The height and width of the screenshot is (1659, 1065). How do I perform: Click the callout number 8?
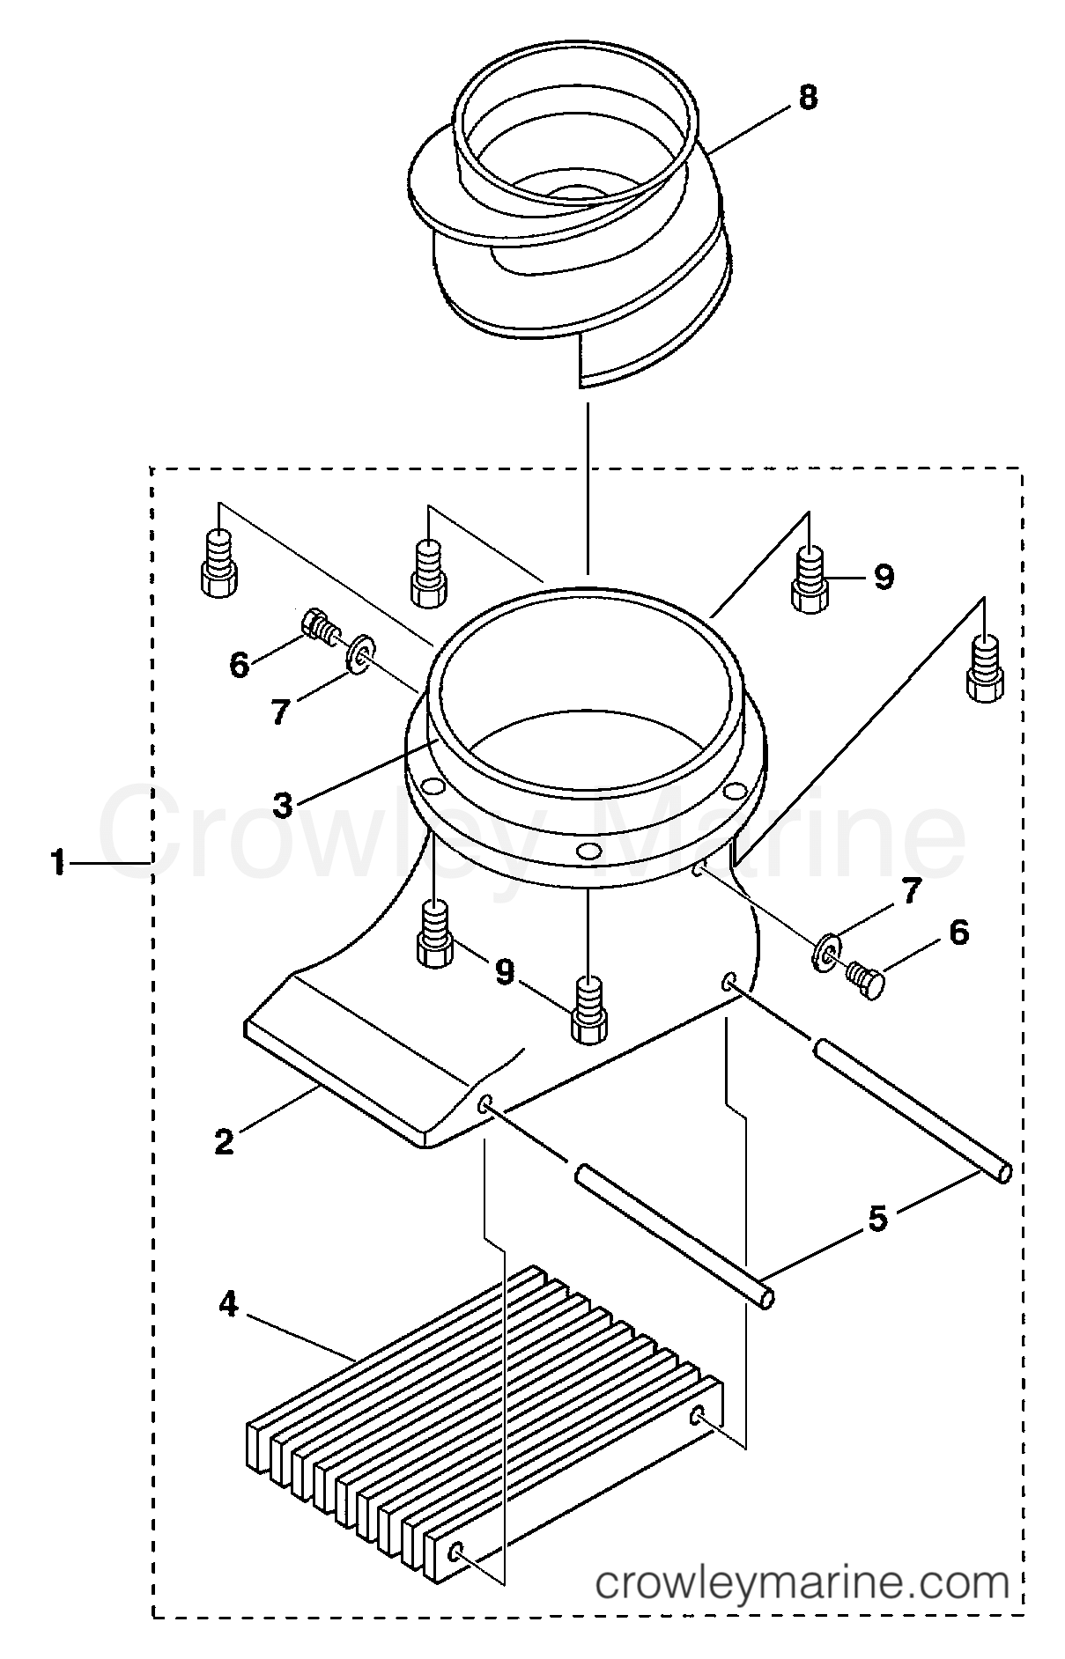[x=807, y=98]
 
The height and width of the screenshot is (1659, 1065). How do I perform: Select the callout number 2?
[x=225, y=1142]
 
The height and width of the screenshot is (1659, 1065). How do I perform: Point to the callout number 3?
[x=282, y=804]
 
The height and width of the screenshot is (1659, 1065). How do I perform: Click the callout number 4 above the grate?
[x=228, y=1304]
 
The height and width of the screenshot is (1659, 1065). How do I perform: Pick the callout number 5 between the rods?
[x=877, y=1218]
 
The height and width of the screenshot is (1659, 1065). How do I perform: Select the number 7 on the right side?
[x=910, y=892]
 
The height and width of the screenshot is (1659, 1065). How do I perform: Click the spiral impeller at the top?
[x=573, y=220]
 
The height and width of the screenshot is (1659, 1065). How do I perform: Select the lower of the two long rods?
[x=675, y=1233]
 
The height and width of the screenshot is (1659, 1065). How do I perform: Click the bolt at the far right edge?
[x=985, y=669]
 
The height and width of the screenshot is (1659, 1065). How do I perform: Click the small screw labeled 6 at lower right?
[x=865, y=980]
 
